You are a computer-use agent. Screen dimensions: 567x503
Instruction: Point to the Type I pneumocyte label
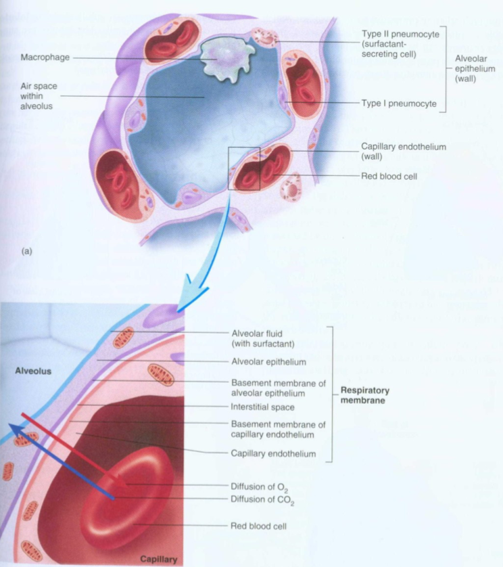[398, 104]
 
